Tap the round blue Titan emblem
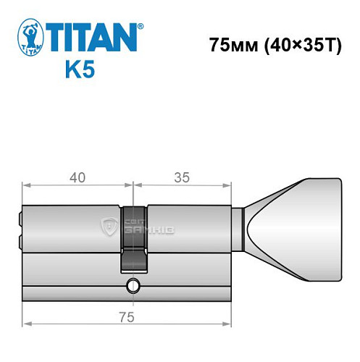tap(28, 37)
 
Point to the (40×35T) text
tap(297, 43)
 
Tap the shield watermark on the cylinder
tap(109, 227)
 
